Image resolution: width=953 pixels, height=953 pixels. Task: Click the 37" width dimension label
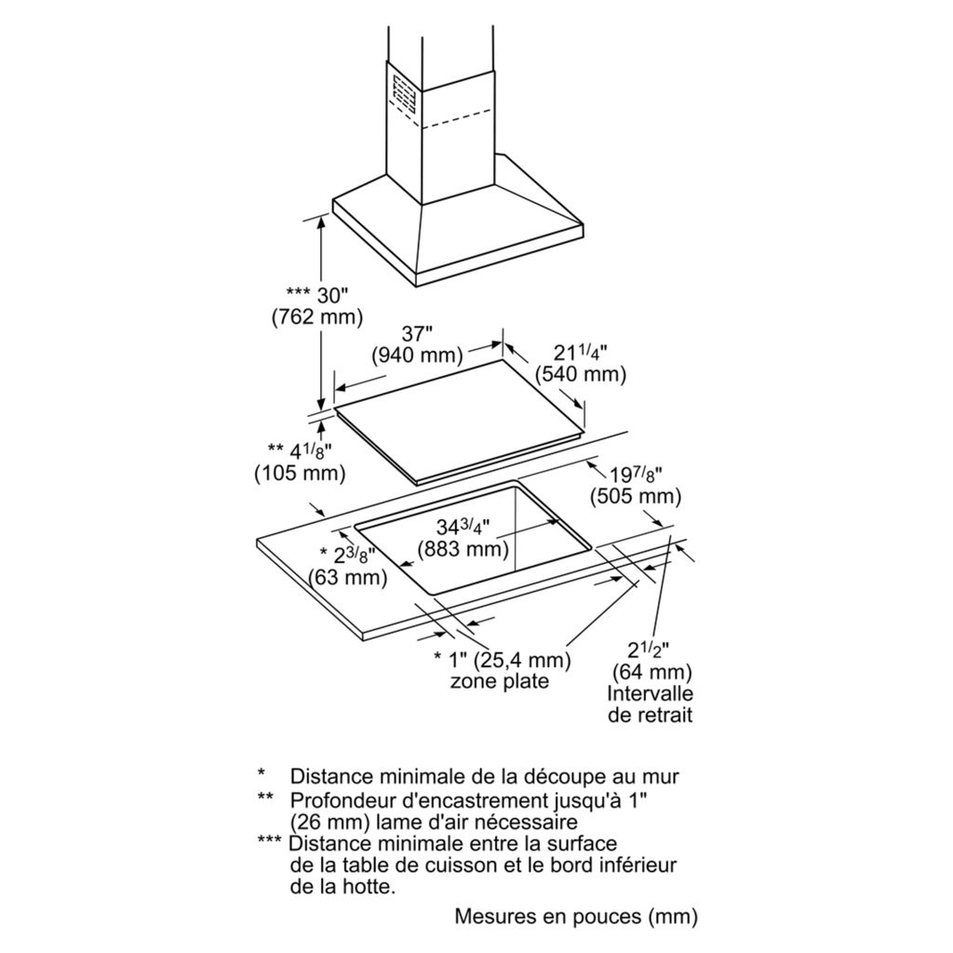coord(417,333)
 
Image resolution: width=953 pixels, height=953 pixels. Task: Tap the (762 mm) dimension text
coord(315,317)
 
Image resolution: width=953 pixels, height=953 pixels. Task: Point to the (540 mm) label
coord(581,375)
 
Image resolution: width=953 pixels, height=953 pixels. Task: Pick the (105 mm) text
coord(300,474)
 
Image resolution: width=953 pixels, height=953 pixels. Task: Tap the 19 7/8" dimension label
coord(636,475)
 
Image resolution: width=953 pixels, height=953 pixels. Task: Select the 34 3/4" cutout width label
coord(463,527)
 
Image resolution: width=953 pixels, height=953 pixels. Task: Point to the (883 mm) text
coord(463,549)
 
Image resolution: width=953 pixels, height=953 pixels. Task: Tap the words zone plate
coord(499,681)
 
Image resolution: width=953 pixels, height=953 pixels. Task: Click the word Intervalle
coord(651,693)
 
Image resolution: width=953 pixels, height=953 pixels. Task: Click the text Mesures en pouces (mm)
coord(575,916)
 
